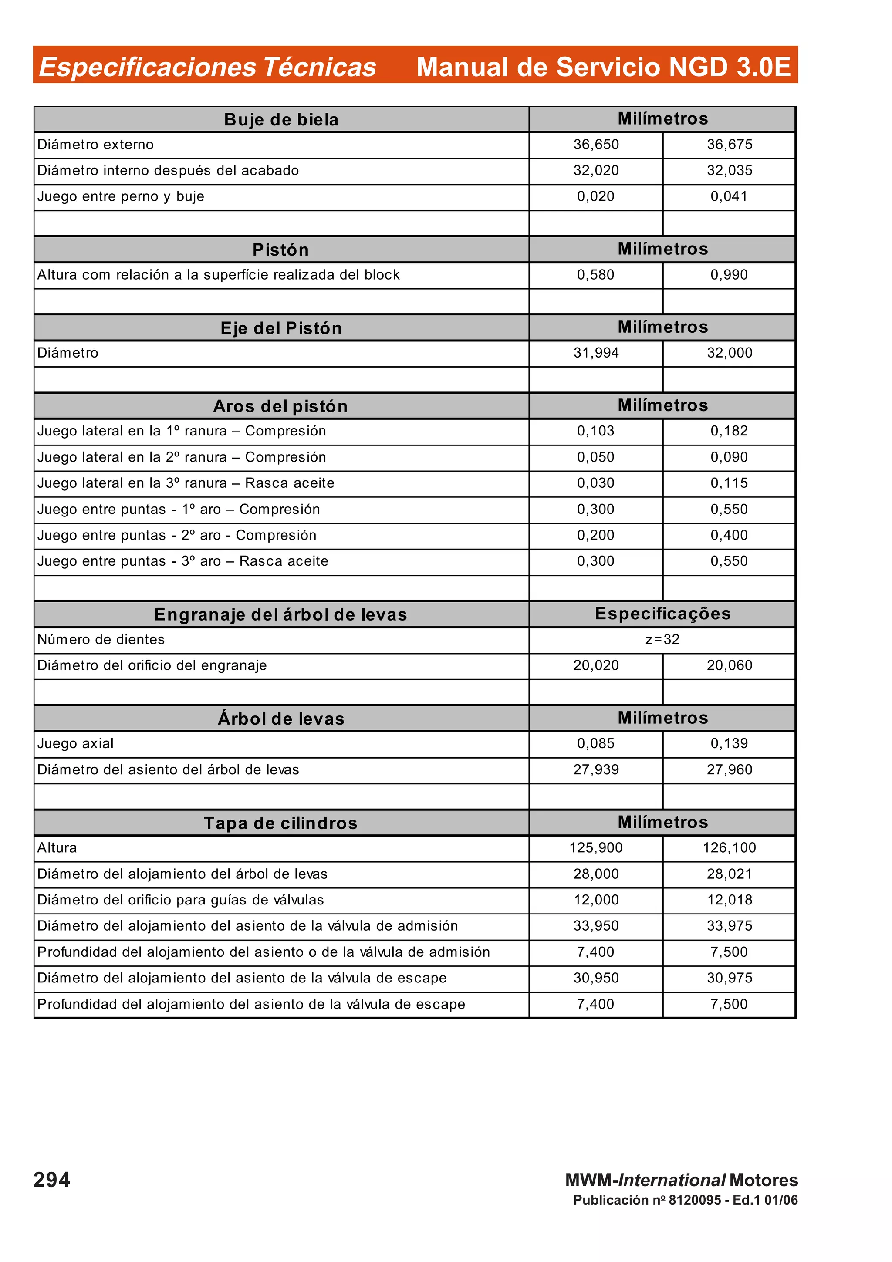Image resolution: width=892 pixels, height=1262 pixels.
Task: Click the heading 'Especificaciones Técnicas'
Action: point(207,67)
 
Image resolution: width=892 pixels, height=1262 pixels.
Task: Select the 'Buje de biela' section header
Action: point(281,120)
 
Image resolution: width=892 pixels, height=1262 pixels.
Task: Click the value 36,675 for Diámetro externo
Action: point(729,145)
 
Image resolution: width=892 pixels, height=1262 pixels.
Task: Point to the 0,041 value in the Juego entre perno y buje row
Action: point(729,196)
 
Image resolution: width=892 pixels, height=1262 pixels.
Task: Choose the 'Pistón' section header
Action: point(280,250)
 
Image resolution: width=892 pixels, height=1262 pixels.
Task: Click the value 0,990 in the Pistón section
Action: point(729,275)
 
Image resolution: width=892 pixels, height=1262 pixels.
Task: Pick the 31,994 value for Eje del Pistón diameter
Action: point(596,353)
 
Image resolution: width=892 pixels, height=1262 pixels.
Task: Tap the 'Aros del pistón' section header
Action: point(280,406)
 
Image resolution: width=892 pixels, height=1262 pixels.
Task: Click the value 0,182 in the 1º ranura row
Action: point(729,431)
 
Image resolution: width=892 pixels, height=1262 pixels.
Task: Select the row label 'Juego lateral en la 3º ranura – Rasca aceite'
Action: point(186,483)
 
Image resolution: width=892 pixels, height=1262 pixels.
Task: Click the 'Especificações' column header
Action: point(663,614)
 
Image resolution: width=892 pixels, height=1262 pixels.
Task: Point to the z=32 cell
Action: point(662,639)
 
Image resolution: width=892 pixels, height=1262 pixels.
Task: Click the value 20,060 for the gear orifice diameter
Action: point(729,666)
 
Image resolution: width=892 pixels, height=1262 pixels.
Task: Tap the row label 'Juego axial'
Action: point(75,744)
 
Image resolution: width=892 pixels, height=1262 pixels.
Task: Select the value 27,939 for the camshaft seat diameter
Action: point(596,769)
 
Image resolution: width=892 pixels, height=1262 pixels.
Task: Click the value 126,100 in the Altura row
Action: point(729,847)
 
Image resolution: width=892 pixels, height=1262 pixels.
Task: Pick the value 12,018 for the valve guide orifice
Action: point(729,900)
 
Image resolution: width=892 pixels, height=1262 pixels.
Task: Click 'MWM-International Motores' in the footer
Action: point(682,1180)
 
